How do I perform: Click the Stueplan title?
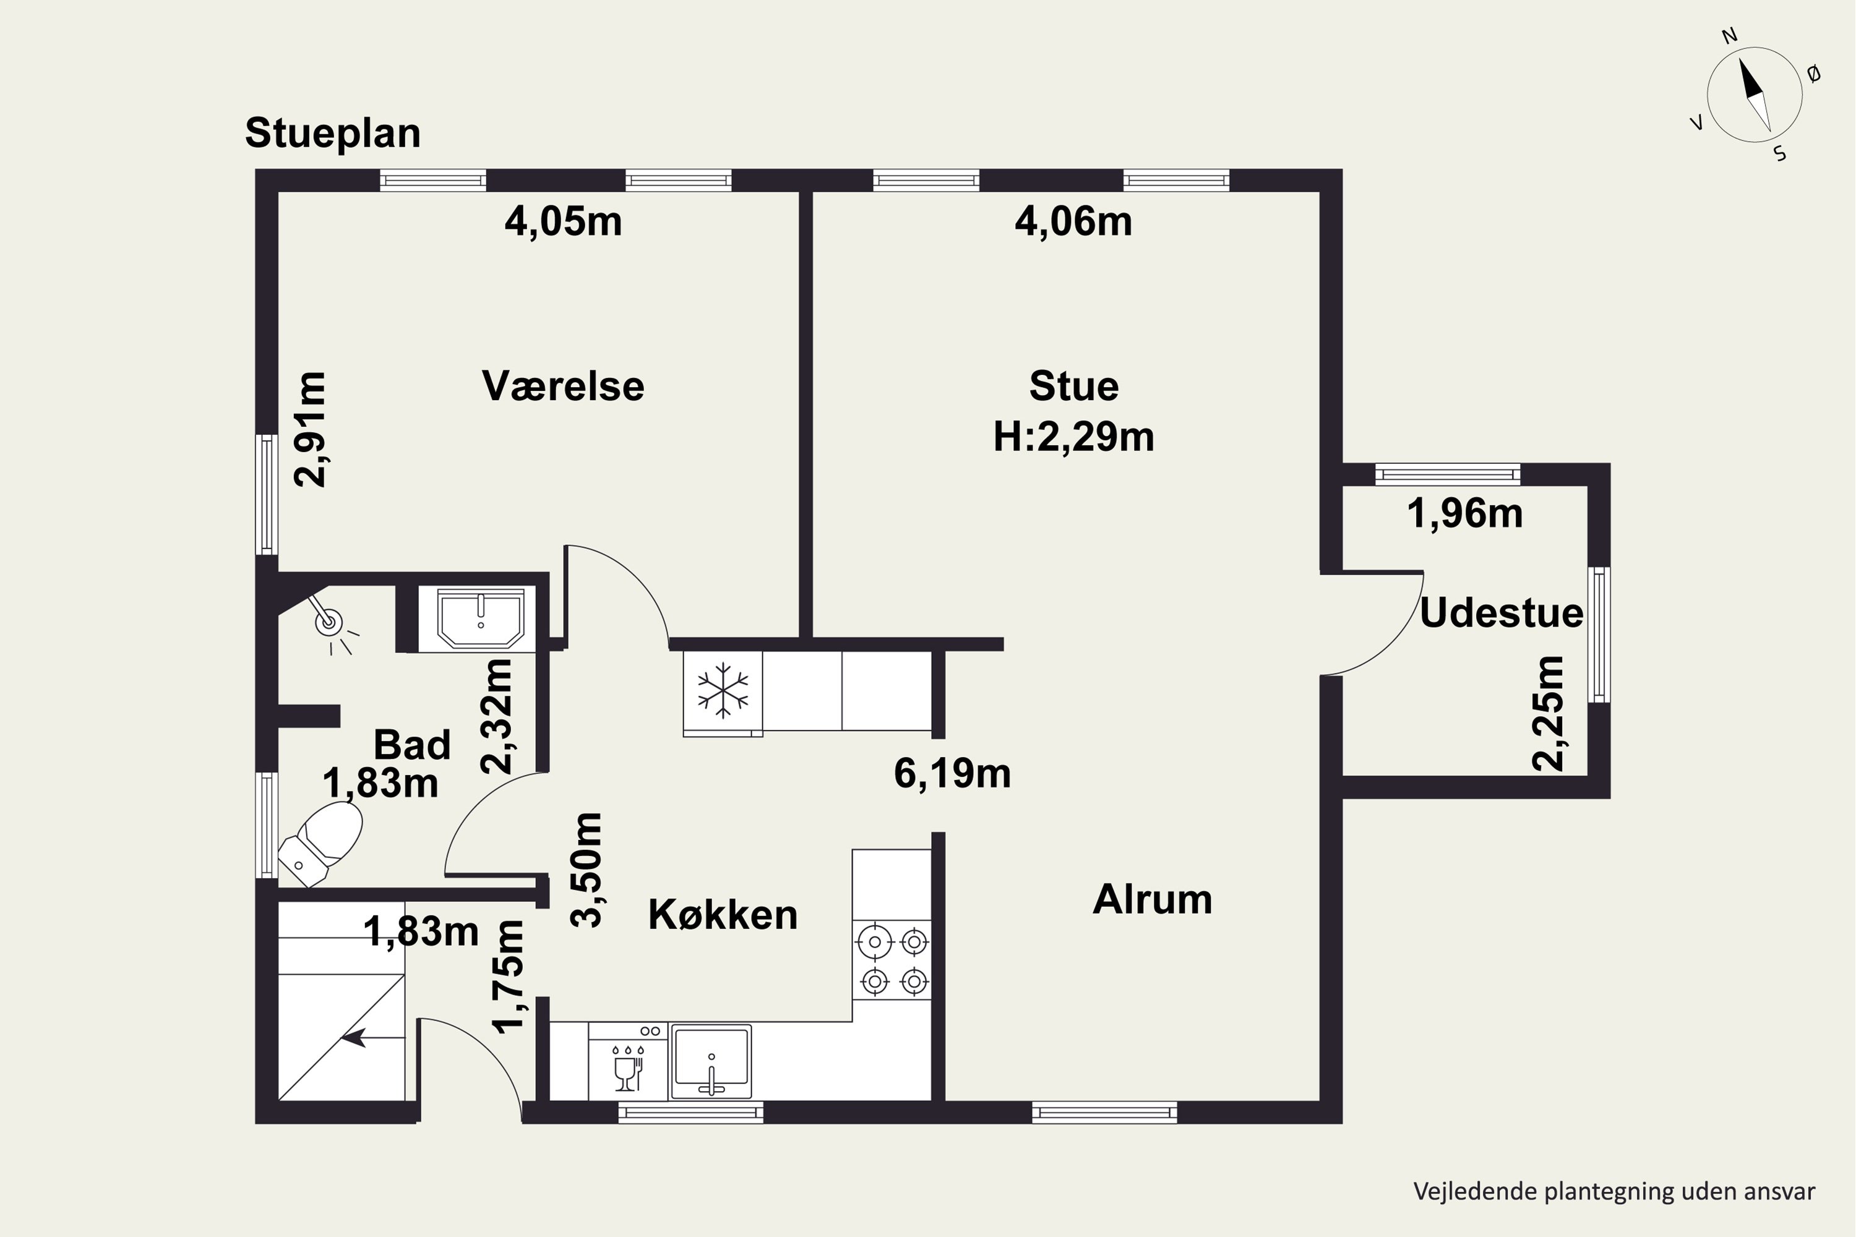332,132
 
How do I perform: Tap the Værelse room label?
562,387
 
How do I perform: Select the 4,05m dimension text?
562,221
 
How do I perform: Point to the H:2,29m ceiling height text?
1073,436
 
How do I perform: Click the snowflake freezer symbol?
722,691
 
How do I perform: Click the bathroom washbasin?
481,618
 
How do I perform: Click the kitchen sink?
710,1061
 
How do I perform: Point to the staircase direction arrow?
355,1039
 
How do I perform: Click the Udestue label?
1501,614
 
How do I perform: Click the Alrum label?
1152,900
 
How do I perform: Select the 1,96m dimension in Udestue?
1464,513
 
